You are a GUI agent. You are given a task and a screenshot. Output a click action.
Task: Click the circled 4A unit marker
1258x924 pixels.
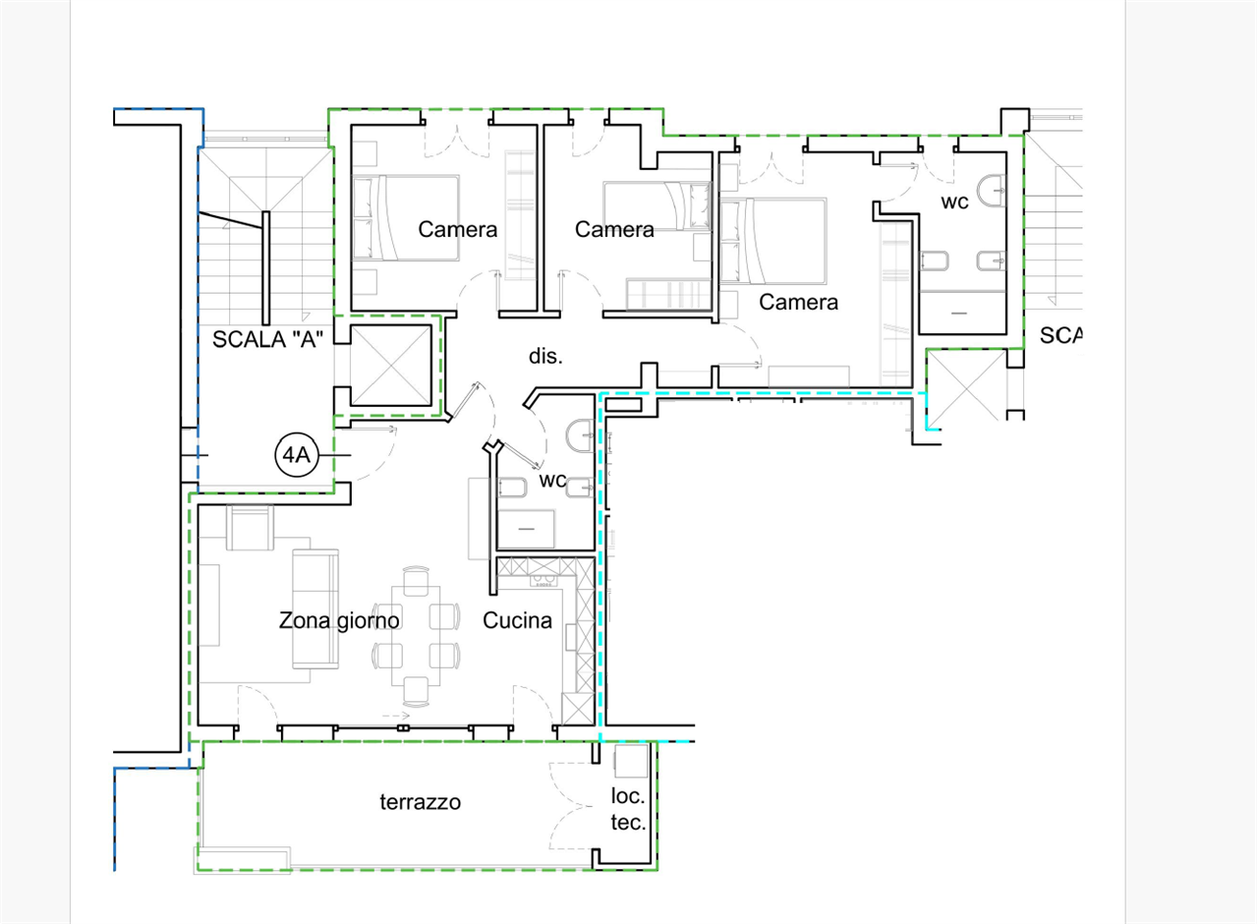297,454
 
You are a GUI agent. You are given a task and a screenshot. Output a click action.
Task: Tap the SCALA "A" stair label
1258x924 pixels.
267,339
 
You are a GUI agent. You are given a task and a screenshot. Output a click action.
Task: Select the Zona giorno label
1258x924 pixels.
339,620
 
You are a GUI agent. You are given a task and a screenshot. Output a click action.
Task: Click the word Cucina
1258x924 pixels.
517,620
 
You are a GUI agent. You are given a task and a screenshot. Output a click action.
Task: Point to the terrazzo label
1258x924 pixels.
420,801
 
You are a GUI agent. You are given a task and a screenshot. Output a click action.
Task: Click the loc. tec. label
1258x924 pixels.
628,809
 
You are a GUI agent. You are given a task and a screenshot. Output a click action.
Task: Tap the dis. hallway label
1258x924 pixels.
545,356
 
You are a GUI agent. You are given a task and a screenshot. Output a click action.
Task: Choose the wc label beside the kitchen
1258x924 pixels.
553,480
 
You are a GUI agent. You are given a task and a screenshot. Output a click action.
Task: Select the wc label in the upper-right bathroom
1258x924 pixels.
954,202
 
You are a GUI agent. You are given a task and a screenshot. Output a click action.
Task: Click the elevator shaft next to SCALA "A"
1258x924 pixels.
391,365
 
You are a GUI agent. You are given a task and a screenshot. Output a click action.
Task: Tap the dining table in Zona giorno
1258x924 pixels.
416,635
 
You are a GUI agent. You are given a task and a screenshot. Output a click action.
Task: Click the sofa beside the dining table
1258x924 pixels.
315,608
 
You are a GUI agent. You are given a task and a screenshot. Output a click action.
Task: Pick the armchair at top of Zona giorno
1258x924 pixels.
250,528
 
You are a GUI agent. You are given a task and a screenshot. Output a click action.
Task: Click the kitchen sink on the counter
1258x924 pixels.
543,580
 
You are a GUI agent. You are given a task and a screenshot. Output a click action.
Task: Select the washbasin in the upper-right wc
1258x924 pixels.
992,191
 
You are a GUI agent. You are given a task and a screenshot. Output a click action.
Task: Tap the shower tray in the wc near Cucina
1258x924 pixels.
526,528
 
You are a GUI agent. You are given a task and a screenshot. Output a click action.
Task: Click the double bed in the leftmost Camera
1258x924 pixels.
406,218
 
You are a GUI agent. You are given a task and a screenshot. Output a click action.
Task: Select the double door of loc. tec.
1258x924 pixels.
571,806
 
